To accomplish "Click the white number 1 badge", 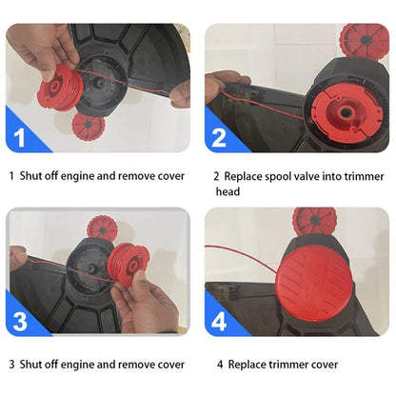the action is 20,137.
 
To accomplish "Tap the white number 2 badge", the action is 219,137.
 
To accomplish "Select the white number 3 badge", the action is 20,321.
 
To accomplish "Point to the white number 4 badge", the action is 219,321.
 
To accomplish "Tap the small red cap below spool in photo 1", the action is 88,127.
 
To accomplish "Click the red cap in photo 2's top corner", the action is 365,40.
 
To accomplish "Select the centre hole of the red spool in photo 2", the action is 345,112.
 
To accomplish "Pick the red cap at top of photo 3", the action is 102,229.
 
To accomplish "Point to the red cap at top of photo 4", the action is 314,220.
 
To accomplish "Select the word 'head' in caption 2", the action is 228,191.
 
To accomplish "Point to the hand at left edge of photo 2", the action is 222,85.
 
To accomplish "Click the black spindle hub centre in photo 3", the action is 91,268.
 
